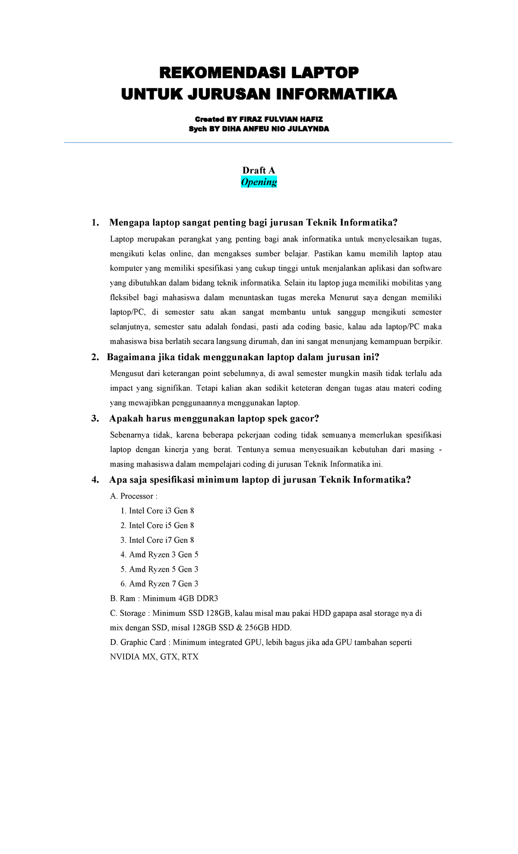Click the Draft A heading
click(x=259, y=170)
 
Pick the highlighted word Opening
click(x=259, y=182)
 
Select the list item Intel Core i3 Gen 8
click(x=161, y=511)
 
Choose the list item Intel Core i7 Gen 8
click(x=161, y=540)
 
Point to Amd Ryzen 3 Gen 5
click(x=163, y=555)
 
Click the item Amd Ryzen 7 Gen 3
click(x=163, y=584)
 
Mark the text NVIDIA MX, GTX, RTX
click(x=154, y=657)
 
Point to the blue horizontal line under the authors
click(x=258, y=143)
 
